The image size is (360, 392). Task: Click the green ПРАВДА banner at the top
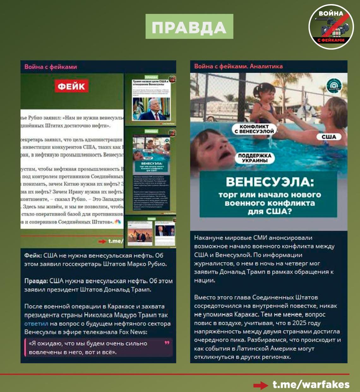pyautogui.click(x=189, y=27)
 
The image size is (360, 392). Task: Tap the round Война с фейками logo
pyautogui.click(x=331, y=27)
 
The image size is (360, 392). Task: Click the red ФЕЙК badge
pyautogui.click(x=71, y=86)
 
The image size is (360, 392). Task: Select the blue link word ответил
pyautogui.click(x=36, y=323)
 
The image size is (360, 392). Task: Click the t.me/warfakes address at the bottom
pyautogui.click(x=311, y=384)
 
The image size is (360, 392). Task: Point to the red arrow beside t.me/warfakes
pyautogui.click(x=261, y=385)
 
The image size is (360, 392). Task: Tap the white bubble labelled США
pyautogui.click(x=329, y=137)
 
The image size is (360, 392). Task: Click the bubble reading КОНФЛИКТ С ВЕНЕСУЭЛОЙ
pyautogui.click(x=254, y=129)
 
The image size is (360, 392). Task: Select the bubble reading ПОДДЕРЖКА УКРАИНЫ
pyautogui.click(x=255, y=158)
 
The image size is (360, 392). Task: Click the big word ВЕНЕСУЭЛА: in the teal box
pyautogui.click(x=270, y=182)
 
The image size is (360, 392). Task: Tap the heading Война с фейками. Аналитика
pyautogui.click(x=238, y=66)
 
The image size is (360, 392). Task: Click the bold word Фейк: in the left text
pyautogui.click(x=33, y=255)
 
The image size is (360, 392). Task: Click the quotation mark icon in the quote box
pyautogui.click(x=167, y=343)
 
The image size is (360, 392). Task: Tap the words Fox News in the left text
pyautogui.click(x=133, y=332)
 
